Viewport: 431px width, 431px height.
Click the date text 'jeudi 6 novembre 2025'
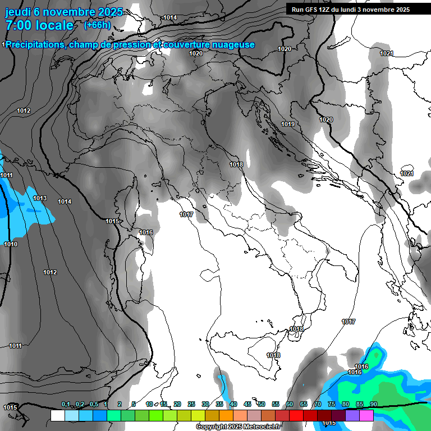click(59, 12)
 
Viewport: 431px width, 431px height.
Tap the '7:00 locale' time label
click(39, 25)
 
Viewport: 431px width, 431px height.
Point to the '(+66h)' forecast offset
click(97, 25)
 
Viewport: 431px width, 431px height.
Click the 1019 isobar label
click(288, 124)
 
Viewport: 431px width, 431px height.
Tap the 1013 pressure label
click(40, 198)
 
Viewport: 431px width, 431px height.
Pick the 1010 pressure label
click(11, 244)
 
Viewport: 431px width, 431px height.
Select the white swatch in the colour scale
click(57, 415)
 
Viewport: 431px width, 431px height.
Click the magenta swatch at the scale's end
click(366, 415)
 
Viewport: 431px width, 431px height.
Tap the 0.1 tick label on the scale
click(66, 405)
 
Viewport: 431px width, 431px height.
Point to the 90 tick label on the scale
click(373, 405)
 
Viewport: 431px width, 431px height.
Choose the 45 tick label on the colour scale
click(247, 405)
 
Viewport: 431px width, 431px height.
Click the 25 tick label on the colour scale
click(191, 405)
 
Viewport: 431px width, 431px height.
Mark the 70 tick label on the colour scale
click(318, 405)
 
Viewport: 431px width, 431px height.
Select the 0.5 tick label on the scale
click(94, 405)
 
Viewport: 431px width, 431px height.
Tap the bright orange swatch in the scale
click(226, 415)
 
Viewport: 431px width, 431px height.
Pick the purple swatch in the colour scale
click(352, 415)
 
